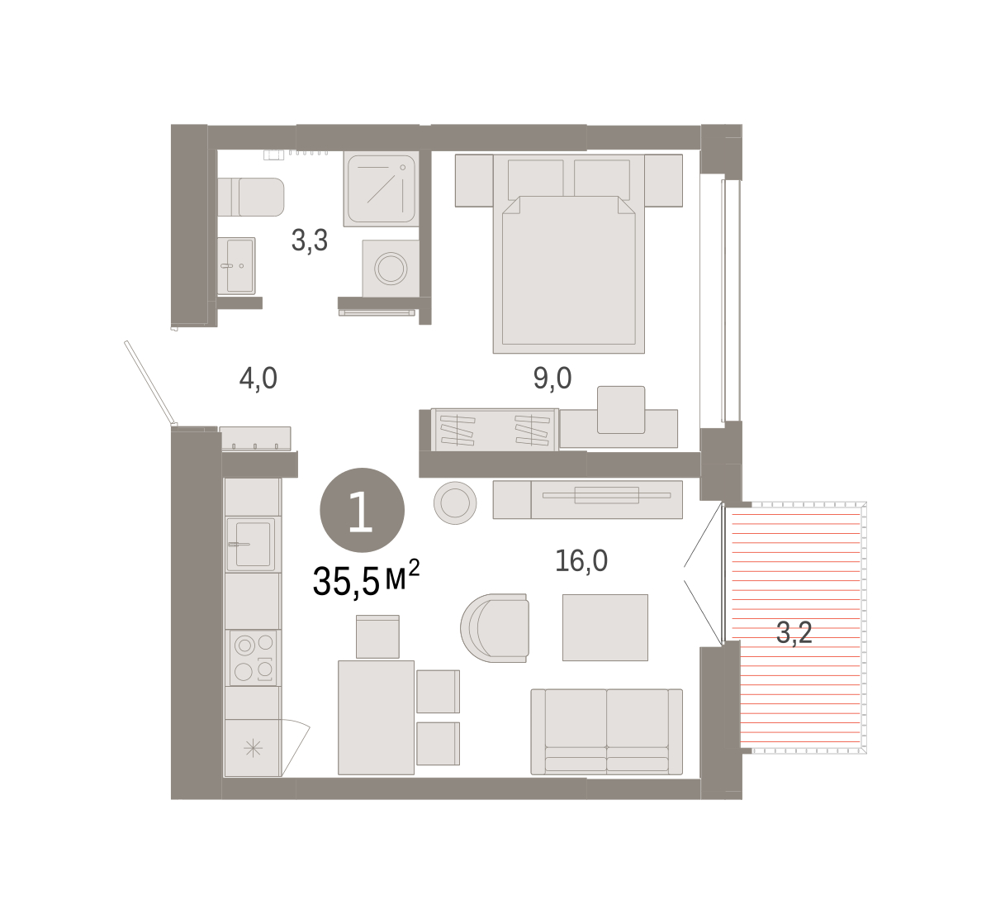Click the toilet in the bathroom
[250, 197]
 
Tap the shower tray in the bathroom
[382, 188]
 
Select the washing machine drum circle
[391, 269]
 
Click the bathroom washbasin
[236, 266]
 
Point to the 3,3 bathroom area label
[310, 241]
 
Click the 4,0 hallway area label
[258, 378]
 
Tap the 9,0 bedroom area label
[552, 378]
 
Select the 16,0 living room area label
[581, 560]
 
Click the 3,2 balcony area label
[794, 633]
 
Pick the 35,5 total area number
[346, 581]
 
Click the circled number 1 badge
[363, 510]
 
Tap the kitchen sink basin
[251, 545]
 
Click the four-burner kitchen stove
[253, 658]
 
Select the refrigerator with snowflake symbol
[253, 748]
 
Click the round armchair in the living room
[495, 628]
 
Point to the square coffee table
[605, 628]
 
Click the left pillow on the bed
[535, 179]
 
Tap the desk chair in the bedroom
[621, 410]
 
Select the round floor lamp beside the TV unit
[455, 502]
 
